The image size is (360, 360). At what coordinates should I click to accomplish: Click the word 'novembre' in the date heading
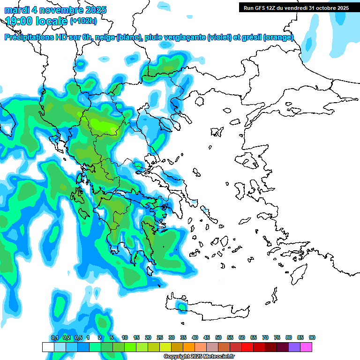point(59,10)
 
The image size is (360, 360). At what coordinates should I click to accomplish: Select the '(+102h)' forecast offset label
point(83,21)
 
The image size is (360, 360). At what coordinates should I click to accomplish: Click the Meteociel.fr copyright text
point(199,357)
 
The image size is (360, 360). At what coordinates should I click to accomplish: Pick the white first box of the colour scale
point(48,347)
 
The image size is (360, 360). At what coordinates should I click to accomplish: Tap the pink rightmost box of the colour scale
point(307,347)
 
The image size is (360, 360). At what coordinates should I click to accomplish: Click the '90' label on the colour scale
point(312,338)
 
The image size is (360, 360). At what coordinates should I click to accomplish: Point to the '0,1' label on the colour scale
point(54,338)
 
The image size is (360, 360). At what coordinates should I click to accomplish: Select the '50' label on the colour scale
point(218,338)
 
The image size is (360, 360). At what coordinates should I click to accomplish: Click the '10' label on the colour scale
point(125,338)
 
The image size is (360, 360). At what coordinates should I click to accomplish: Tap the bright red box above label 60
point(247,347)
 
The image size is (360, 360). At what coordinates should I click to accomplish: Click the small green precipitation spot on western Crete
point(181,306)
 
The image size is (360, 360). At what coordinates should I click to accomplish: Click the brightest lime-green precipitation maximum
point(104,125)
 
